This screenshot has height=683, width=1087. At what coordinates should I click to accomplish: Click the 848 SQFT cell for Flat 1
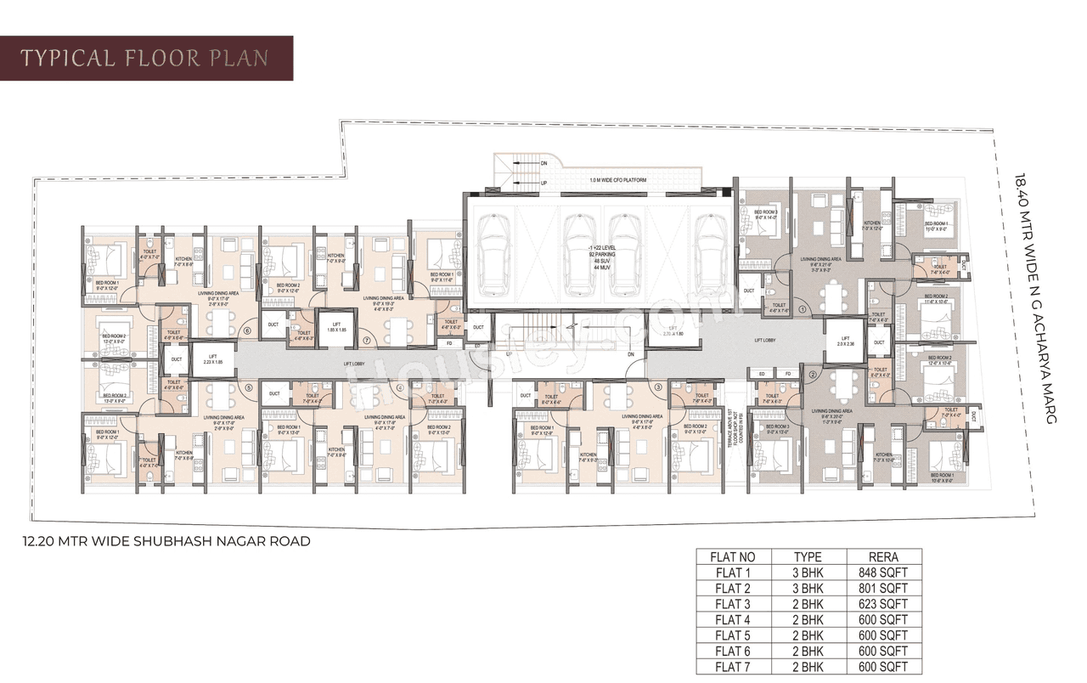(882, 573)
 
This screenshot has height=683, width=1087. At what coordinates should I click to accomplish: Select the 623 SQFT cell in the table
(882, 604)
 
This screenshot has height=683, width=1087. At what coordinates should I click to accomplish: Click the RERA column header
(882, 557)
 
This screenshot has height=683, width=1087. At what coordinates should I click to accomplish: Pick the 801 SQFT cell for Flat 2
(882, 588)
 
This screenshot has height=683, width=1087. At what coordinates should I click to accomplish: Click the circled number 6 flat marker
(247, 331)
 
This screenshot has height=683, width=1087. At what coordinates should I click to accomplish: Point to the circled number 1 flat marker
(803, 310)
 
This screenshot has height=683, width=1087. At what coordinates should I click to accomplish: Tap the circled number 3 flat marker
(658, 387)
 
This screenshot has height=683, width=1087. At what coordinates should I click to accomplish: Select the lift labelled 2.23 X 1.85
(208, 359)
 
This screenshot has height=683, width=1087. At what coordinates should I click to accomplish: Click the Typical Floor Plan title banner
(146, 58)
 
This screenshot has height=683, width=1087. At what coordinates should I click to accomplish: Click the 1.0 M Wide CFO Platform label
(619, 181)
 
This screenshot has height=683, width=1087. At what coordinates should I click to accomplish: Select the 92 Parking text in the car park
(600, 254)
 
